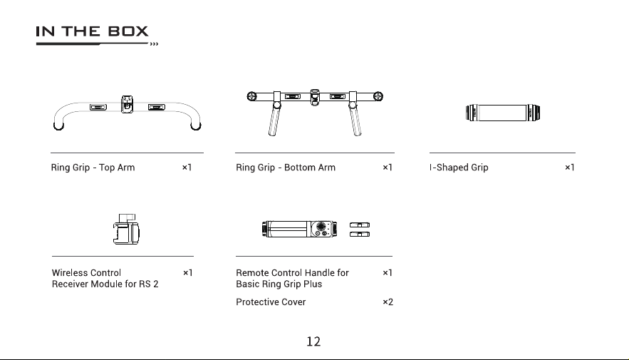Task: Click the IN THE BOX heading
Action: [x=93, y=31]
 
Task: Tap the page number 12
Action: [x=313, y=341]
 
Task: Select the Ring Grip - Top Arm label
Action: [x=93, y=168]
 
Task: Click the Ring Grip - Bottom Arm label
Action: [x=286, y=168]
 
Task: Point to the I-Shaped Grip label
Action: [x=459, y=168]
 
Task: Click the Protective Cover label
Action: [x=271, y=302]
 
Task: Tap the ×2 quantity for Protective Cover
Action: [x=388, y=302]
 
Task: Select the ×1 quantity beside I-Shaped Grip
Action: [x=570, y=168]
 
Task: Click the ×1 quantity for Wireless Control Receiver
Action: [x=188, y=273]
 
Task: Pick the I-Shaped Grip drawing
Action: [x=503, y=113]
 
